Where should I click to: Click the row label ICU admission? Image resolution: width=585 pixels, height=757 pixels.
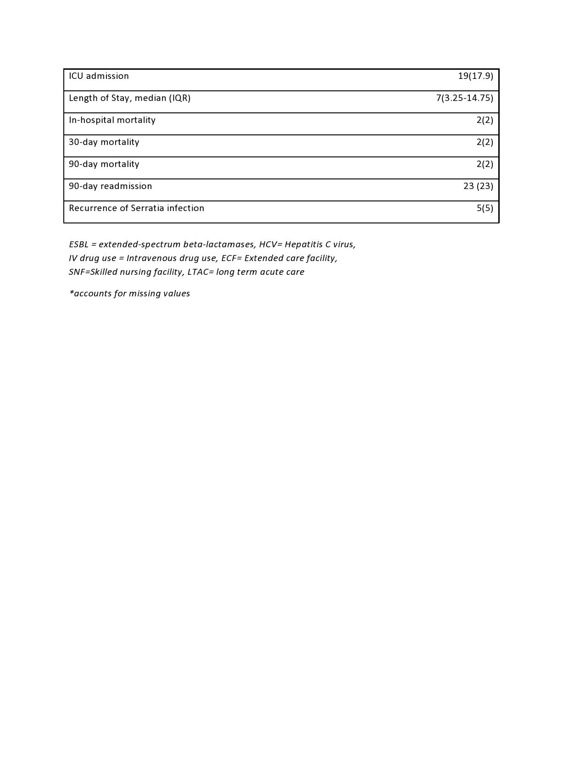(x=99, y=76)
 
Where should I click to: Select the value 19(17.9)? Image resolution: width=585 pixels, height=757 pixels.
(x=475, y=76)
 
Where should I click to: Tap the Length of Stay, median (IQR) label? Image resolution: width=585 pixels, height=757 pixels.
(x=129, y=98)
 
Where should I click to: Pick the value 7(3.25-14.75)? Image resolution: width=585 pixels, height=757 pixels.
(x=464, y=98)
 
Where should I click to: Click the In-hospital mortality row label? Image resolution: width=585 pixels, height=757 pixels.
(x=112, y=120)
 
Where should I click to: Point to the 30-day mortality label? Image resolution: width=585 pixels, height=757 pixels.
(x=104, y=142)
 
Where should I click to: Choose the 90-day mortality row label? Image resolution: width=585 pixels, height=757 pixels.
(x=104, y=164)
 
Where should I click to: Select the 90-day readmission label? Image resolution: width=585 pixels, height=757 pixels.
(x=110, y=186)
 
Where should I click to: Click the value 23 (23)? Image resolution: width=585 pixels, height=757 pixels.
(x=478, y=186)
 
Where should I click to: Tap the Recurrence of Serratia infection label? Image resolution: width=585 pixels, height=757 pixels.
(x=136, y=208)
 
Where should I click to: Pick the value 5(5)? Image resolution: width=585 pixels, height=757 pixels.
(x=485, y=208)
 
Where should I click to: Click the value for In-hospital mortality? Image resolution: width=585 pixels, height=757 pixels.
(x=485, y=120)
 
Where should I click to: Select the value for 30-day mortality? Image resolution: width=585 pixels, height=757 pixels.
(x=485, y=142)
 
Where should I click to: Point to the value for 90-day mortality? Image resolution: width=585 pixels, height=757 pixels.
(x=485, y=164)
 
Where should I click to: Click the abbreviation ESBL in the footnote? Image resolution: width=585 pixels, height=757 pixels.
(x=78, y=245)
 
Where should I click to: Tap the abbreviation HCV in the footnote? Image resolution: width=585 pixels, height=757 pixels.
(x=268, y=245)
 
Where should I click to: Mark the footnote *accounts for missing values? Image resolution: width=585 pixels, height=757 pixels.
(x=129, y=294)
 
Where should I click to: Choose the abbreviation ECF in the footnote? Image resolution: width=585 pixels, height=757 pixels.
(x=229, y=258)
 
